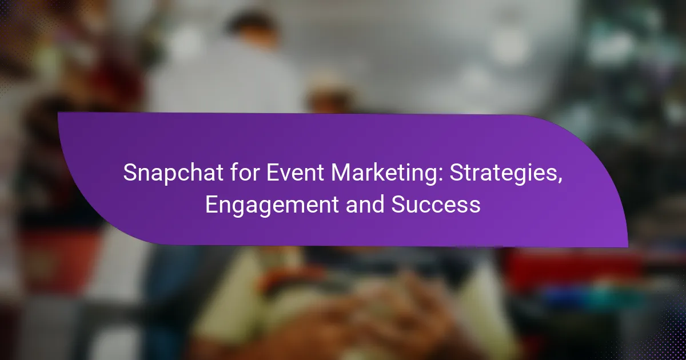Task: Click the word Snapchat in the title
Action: (x=173, y=173)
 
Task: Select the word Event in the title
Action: (x=295, y=173)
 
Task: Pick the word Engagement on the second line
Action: (x=272, y=205)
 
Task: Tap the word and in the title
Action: (x=365, y=204)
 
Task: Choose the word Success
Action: (x=436, y=204)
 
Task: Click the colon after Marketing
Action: (x=441, y=175)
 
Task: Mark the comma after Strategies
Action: (x=560, y=181)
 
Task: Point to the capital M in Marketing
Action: (x=341, y=173)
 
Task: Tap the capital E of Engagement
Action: (x=212, y=205)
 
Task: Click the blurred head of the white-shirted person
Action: (x=251, y=27)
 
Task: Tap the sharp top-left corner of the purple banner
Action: (x=58, y=113)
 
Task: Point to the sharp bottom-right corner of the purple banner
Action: (x=628, y=247)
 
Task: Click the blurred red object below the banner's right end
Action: (x=573, y=269)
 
